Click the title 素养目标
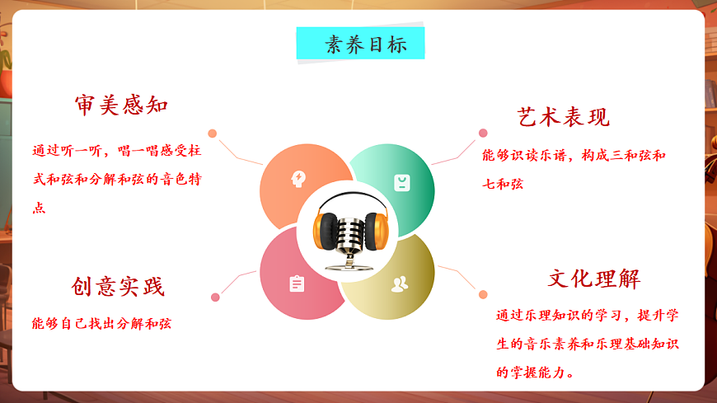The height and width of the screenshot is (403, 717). coord(360,45)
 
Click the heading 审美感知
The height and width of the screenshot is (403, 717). coord(121,105)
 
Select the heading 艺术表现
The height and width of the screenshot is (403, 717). coord(564,116)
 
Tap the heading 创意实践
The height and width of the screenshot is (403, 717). coord(118,286)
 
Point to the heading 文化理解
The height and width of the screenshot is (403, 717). coord(594,278)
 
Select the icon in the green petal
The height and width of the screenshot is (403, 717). coord(401,182)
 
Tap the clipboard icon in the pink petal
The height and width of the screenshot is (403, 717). coord(297,284)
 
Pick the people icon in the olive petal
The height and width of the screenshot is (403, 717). coord(400,284)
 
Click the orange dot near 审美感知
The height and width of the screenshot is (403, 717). coord(213,134)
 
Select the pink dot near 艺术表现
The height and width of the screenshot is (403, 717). coord(483,133)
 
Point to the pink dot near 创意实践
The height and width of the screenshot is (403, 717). coord(215,297)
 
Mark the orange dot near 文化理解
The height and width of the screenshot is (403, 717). coord(483,294)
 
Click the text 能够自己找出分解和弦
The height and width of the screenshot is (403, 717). coord(101,323)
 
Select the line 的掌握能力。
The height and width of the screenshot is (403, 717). coord(536,373)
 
